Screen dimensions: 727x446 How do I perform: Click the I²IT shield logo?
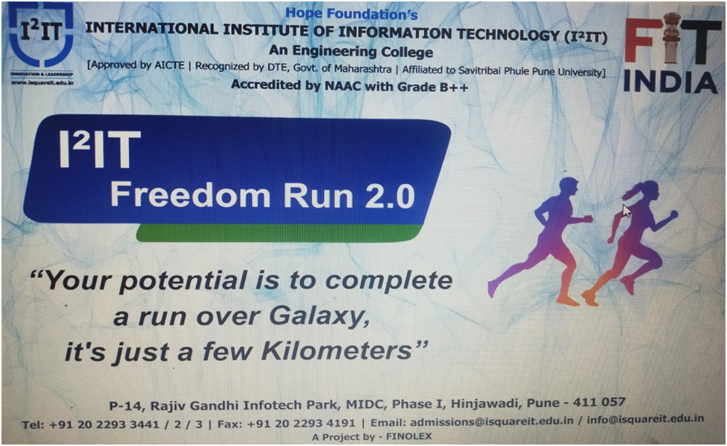click(x=41, y=37)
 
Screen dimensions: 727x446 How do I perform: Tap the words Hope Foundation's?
click(x=351, y=13)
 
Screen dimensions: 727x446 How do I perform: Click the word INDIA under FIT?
click(x=670, y=82)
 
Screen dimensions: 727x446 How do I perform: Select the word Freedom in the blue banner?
click(x=190, y=195)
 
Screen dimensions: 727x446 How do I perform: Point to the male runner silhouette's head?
click(x=568, y=188)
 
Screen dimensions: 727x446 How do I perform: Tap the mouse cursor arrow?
click(x=627, y=211)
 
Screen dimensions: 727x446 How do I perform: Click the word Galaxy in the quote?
click(x=319, y=317)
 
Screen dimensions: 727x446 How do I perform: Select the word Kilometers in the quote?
click(x=336, y=351)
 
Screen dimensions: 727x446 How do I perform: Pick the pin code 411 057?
click(x=599, y=402)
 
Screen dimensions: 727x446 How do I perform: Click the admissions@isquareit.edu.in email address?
click(x=492, y=422)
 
